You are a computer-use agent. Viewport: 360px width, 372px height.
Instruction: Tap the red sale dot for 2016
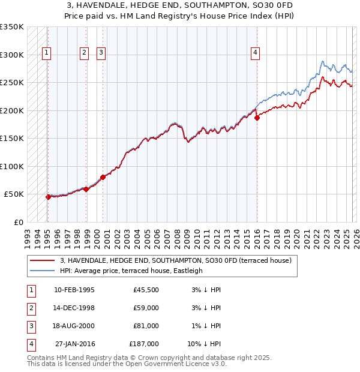click(x=257, y=118)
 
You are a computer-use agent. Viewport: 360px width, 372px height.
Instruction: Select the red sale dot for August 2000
click(x=103, y=177)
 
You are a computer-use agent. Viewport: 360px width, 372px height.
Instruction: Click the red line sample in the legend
click(x=43, y=260)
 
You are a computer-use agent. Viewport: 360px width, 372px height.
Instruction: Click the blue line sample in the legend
click(x=43, y=271)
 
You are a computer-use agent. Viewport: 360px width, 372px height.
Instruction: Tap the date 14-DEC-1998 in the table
click(x=74, y=308)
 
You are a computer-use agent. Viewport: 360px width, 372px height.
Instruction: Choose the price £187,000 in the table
click(x=144, y=344)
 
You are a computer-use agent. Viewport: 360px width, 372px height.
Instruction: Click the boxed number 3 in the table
click(x=30, y=326)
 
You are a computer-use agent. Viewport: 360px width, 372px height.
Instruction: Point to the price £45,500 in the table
click(x=146, y=290)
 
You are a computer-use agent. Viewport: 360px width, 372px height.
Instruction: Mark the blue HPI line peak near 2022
click(x=323, y=61)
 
